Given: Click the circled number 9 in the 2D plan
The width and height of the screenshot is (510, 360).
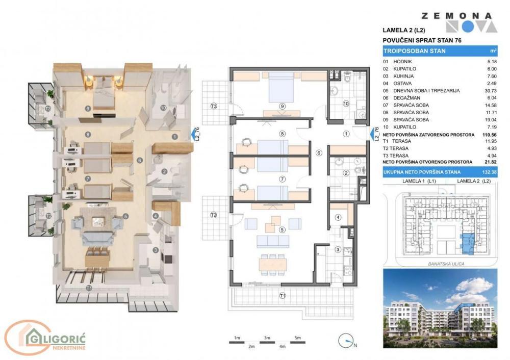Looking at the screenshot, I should point(282,106).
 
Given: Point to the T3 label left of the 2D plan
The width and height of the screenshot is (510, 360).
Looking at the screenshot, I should point(215,106).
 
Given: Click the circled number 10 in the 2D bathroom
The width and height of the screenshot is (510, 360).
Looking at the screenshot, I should point(346,104).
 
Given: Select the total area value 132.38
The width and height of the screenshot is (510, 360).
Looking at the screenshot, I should point(491,173).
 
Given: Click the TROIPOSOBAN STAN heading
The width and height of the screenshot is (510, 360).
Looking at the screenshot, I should point(415,51).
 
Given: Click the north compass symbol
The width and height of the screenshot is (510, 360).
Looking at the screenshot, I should point(345,340).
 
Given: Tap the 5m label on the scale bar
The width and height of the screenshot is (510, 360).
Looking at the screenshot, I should point(298,338).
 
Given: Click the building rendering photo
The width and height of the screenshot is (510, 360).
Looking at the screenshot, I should point(440,311).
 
